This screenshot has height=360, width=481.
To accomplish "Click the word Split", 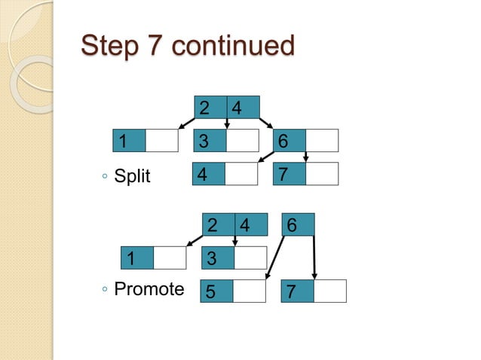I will point(132,177).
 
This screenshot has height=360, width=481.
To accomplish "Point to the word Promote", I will point(149,289).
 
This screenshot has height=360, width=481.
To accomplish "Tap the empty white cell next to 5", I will point(250,291).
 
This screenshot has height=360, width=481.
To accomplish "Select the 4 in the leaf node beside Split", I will point(201,174).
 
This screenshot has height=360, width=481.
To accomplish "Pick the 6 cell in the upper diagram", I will point(283,141).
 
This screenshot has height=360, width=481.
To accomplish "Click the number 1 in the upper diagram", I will point(121,141).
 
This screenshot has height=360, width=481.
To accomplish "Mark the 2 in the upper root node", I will point(204,108).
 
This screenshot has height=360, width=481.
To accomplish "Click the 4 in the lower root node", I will point(244,225).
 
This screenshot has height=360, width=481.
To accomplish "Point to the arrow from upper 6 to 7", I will point(307,157).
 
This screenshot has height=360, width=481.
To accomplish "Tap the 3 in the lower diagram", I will point(212,259).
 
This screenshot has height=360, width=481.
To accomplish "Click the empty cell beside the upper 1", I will point(161,141).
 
